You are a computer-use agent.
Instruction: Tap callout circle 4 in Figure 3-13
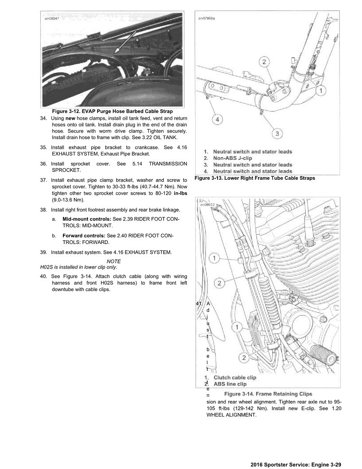click(217, 120)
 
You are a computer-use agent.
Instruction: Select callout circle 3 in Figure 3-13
click(277, 134)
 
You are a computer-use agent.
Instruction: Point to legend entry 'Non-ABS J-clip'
click(232, 158)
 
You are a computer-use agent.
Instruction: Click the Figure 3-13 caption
click(255, 178)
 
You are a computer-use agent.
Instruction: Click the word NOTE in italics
click(114, 261)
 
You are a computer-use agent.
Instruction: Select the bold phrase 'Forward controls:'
click(84, 236)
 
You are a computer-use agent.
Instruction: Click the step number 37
click(44, 180)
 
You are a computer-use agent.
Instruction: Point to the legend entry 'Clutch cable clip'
click(235, 377)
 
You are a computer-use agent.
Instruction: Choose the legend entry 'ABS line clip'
click(230, 384)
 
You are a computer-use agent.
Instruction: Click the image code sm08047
click(52, 18)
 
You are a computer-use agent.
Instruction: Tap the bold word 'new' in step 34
click(70, 118)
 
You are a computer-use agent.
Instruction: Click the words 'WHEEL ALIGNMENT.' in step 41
click(231, 415)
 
